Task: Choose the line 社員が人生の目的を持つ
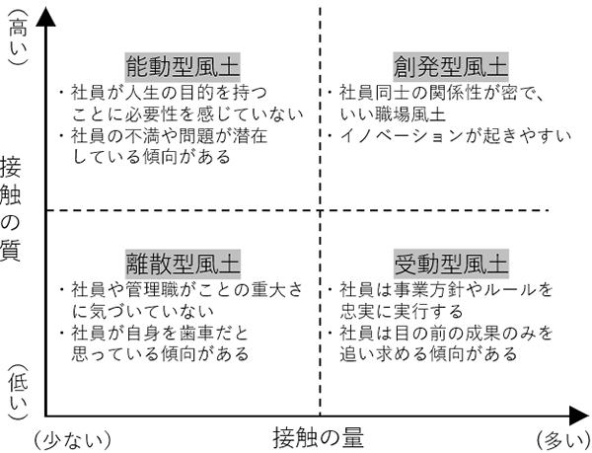pyautogui.click(x=168, y=93)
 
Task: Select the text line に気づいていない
pyautogui.click(x=136, y=311)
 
